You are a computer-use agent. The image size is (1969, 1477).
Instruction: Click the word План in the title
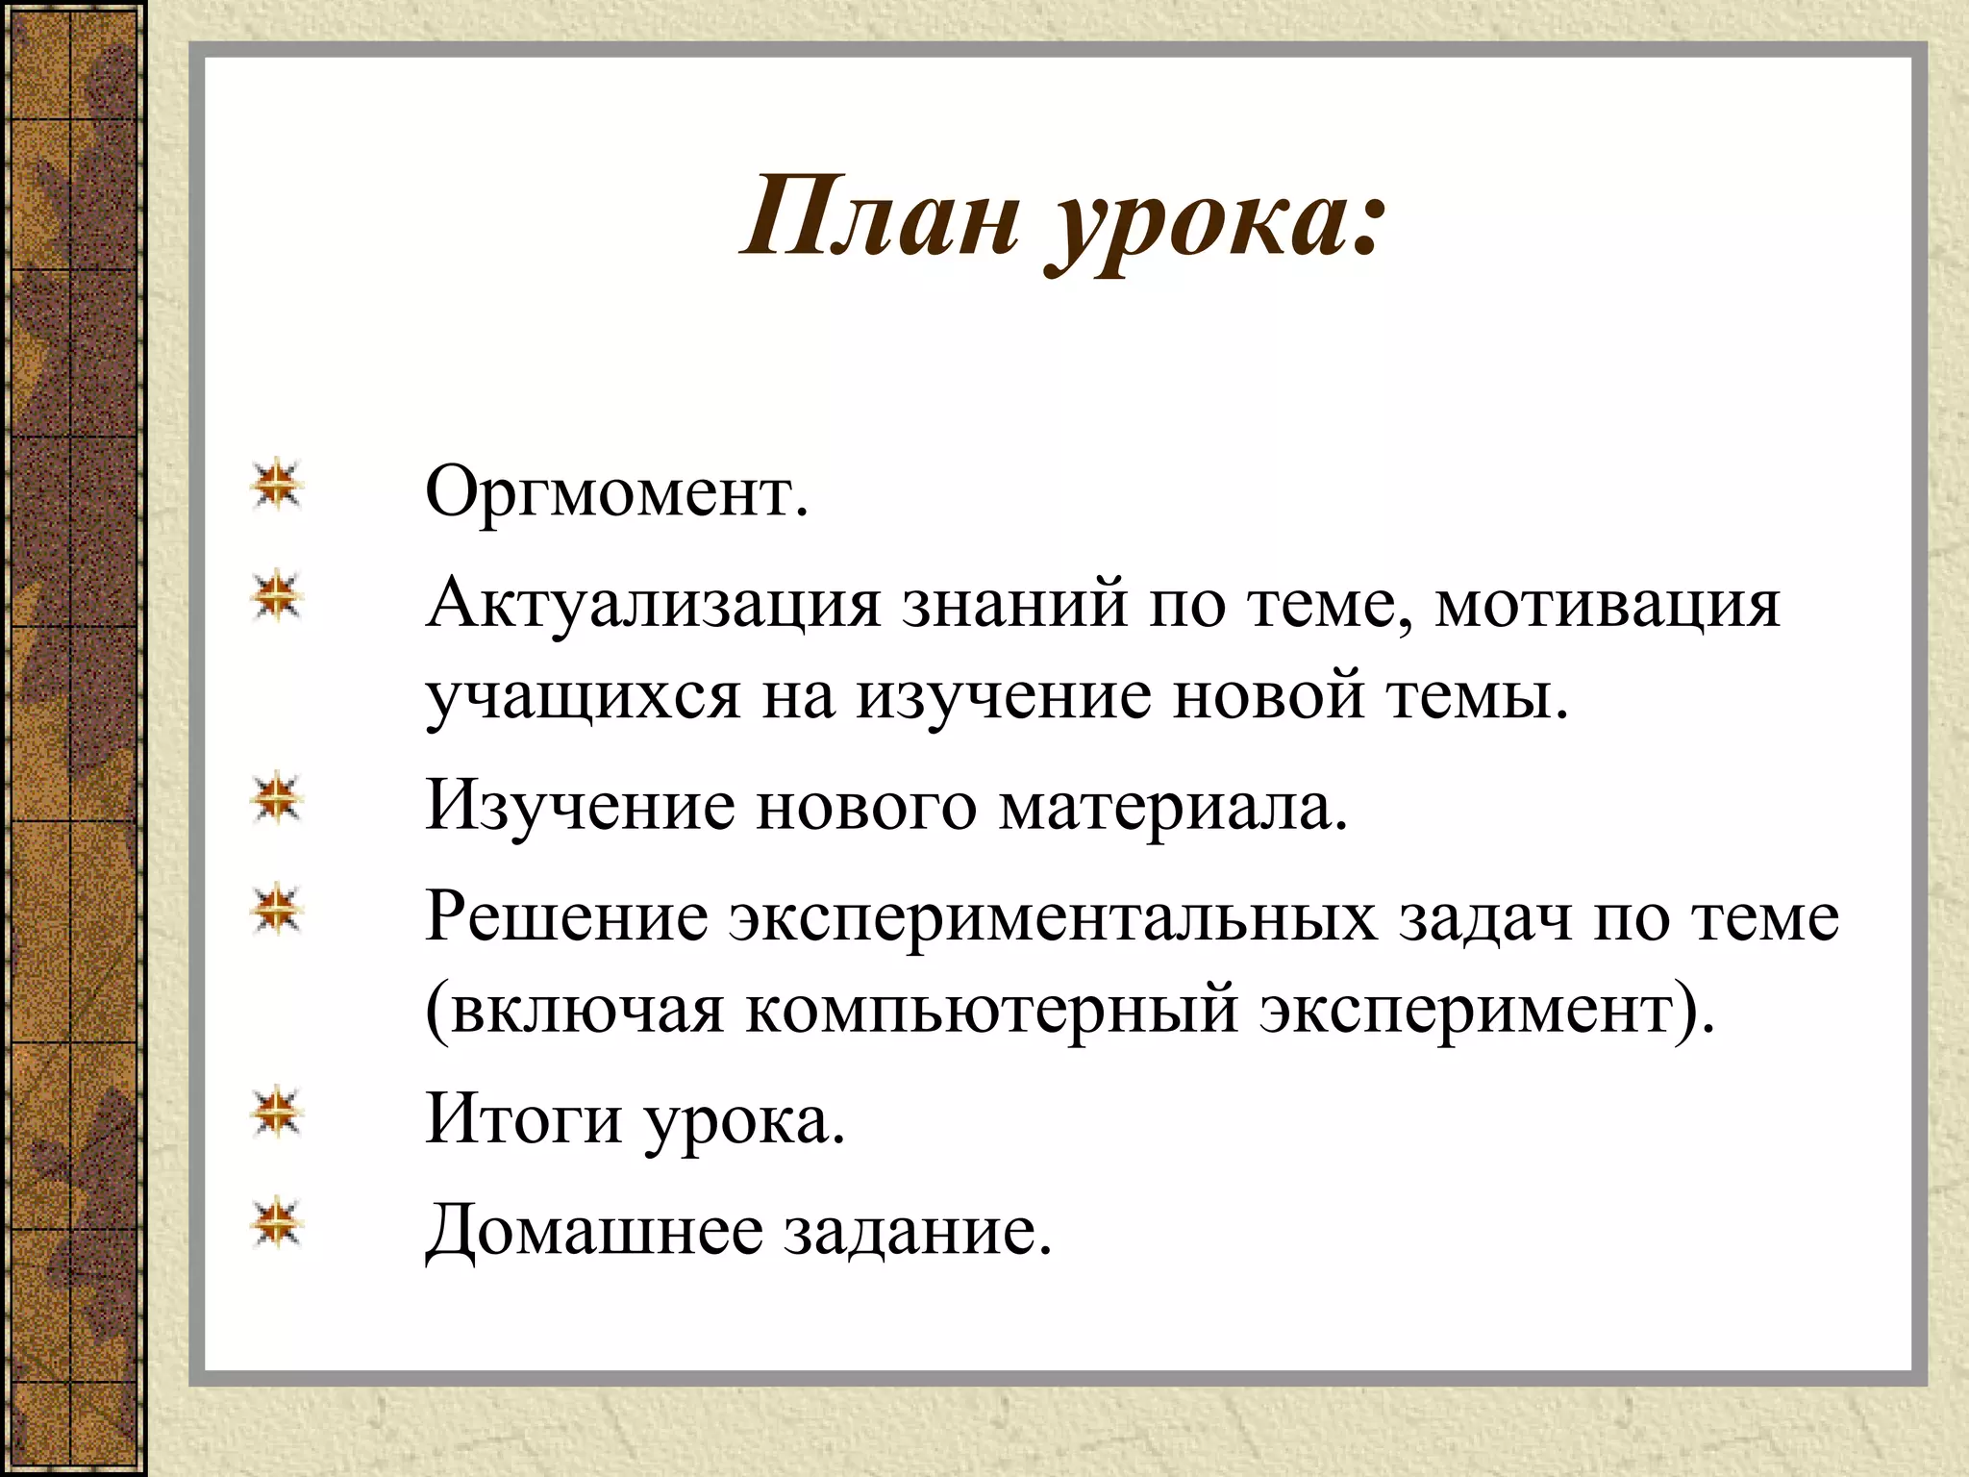point(880,217)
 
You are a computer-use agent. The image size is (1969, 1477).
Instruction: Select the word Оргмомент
point(616,492)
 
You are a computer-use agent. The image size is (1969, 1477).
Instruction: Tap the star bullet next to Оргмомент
point(277,485)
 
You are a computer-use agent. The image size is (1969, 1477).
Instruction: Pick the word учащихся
point(583,696)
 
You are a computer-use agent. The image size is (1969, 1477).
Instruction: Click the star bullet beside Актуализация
point(277,596)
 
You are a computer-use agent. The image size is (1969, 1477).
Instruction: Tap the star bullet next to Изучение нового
point(277,798)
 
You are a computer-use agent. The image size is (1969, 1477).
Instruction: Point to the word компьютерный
point(991,1010)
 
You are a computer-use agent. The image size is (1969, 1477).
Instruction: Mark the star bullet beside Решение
point(277,909)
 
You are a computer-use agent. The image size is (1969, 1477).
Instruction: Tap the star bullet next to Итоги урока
point(277,1113)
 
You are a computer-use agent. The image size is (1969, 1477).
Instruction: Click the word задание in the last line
point(917,1230)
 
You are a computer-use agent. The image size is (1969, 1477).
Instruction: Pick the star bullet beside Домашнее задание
point(277,1223)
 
